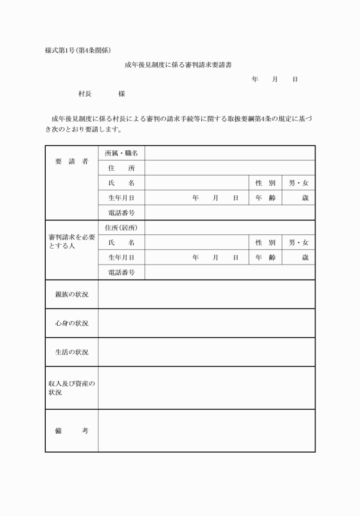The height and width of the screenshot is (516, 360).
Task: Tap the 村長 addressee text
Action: (85, 94)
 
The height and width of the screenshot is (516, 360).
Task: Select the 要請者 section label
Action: (71, 161)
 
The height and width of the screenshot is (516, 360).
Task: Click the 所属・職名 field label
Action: (121, 154)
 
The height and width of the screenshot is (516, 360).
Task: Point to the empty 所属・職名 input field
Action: (229, 154)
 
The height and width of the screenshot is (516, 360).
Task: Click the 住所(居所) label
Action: (121, 227)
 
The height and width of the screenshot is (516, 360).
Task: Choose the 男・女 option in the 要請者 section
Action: (298, 183)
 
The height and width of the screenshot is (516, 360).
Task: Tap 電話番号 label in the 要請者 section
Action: (121, 213)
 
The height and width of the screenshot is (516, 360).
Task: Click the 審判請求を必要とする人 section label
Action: (71, 241)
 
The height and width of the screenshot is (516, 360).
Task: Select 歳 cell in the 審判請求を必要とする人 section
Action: (298, 258)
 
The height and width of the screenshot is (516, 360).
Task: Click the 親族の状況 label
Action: (71, 294)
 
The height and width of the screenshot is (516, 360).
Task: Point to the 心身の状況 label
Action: (71, 323)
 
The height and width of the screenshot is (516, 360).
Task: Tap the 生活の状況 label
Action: (71, 352)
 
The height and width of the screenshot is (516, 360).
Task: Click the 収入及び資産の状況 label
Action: (71, 388)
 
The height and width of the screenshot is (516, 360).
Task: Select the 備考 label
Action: (71, 431)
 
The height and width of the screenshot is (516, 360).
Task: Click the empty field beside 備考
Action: (206, 431)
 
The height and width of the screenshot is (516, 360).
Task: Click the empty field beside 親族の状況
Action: (206, 294)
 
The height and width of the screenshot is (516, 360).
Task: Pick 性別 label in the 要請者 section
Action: (265, 183)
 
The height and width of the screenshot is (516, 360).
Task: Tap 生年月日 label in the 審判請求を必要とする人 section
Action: (121, 258)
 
